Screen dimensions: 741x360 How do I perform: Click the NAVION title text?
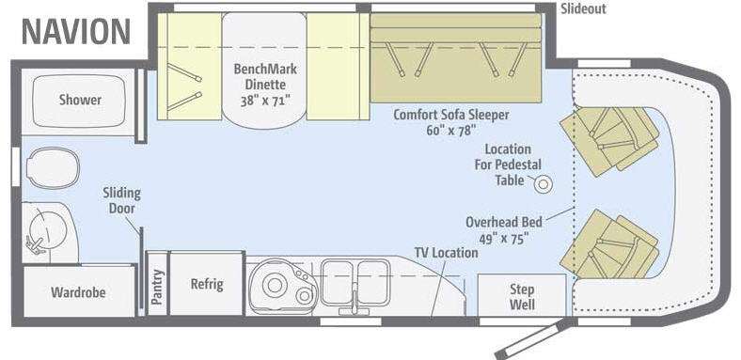coord(76,32)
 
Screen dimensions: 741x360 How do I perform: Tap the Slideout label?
coord(583,9)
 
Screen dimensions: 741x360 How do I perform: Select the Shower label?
coord(80,100)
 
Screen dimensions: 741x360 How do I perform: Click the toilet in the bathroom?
coord(53,167)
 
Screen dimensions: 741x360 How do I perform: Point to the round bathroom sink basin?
coord(47,230)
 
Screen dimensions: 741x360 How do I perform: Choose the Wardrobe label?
coord(78,292)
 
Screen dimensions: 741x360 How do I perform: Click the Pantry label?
coord(157,287)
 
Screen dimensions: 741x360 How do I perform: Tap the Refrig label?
coord(207,284)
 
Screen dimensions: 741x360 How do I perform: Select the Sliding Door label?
coord(122,200)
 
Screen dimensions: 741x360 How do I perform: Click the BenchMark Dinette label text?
coord(265,76)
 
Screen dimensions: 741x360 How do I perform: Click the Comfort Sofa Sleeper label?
coord(451,115)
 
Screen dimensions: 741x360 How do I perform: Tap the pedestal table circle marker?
coord(544,184)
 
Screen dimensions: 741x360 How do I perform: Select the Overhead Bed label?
coord(504,222)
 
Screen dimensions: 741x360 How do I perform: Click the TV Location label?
coord(446,253)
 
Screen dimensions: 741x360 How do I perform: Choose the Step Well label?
coord(522,297)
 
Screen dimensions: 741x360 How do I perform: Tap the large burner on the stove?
coord(275,285)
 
